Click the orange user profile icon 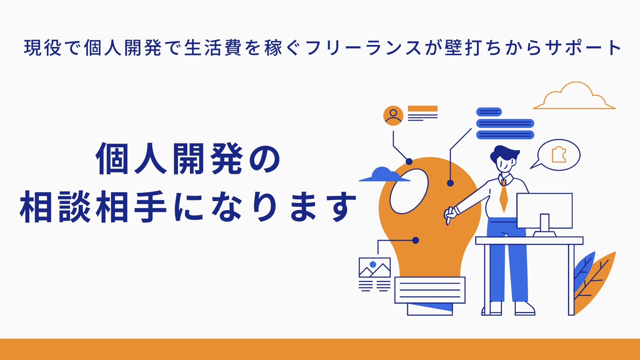[393, 116]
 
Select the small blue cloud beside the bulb [384, 175]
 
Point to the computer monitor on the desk [544, 212]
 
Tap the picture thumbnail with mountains [374, 268]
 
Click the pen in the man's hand [448, 216]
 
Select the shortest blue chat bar [489, 112]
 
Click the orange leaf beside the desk [596, 282]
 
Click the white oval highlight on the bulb [409, 191]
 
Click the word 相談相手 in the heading [93, 206]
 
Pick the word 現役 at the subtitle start [42, 48]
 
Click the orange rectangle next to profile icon [422, 108]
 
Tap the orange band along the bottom [320, 350]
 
